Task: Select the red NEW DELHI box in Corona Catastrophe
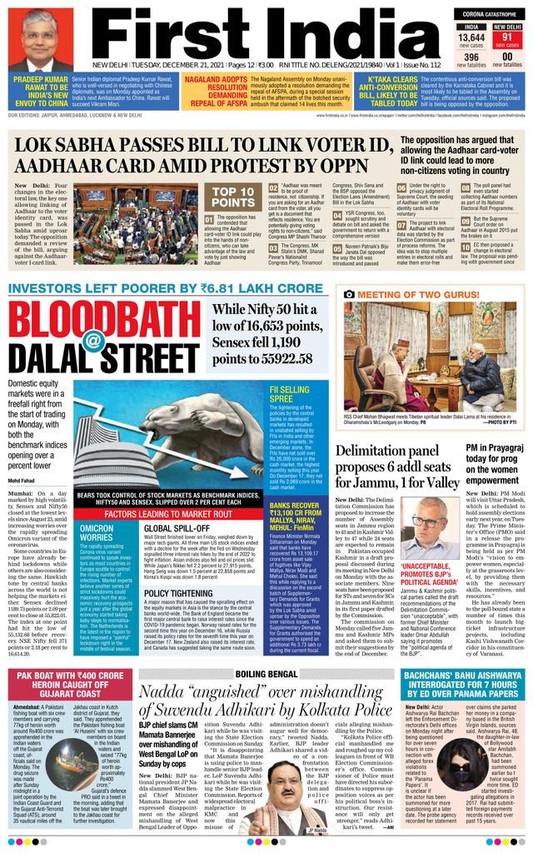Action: [509, 27]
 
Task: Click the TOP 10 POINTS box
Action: [233, 197]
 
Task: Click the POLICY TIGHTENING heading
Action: [178, 593]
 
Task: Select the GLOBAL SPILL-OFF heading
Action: [176, 528]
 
